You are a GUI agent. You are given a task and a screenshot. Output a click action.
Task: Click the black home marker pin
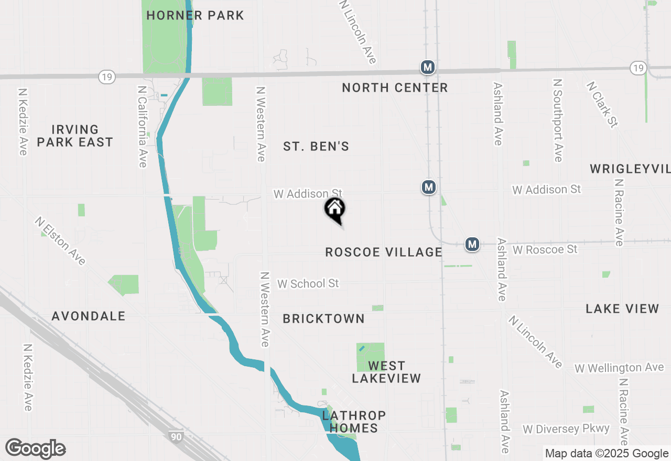335,210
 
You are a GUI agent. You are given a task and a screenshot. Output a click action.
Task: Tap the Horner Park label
195,15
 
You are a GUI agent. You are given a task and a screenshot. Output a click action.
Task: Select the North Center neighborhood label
395,87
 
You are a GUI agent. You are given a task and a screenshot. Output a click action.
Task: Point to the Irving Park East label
82,136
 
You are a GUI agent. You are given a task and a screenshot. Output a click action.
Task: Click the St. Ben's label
316,147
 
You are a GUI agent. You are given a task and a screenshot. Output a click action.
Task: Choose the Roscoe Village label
384,252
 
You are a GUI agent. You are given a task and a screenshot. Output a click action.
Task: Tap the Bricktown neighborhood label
323,319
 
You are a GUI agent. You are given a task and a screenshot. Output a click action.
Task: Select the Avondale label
89,316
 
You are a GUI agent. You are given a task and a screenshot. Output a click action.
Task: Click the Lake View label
622,309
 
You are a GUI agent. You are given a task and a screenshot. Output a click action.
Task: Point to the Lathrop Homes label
354,422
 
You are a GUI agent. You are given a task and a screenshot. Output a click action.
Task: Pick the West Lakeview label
386,372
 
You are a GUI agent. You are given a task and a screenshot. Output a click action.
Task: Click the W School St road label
308,283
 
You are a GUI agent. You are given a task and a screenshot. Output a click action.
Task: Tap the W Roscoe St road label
545,249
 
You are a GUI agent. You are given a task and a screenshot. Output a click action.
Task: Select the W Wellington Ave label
619,368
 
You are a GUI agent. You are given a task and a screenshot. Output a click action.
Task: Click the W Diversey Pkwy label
566,429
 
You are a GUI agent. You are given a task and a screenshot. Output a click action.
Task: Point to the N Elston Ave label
60,241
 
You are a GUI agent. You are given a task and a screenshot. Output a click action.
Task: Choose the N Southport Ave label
558,120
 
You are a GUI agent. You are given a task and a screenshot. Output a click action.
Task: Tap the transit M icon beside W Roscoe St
473,244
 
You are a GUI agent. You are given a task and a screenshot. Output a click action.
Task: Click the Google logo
36,449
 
